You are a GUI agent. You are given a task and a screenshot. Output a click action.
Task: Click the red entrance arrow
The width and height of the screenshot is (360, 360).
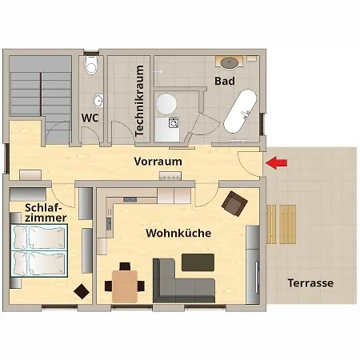coord(277,163)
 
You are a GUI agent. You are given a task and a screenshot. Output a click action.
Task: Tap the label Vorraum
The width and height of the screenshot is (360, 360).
coord(158,162)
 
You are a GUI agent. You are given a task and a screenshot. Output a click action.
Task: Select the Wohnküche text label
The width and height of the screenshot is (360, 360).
coord(178,234)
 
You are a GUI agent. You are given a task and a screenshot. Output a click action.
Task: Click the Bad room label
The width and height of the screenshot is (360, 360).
coord(224,81)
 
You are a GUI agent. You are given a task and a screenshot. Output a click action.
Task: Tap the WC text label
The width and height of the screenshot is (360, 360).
coord(90,118)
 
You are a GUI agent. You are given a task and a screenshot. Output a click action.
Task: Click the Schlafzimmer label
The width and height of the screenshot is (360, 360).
coord(45,212)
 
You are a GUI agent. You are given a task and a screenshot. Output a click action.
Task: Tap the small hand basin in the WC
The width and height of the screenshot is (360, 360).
coord(98,101)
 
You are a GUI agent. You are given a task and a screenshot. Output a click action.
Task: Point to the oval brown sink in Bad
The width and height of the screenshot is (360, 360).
coord(230,62)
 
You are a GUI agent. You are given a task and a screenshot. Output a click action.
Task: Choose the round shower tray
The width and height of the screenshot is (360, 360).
coord(167,103)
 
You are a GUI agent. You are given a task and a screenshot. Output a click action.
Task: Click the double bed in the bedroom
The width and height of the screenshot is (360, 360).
coord(40,250)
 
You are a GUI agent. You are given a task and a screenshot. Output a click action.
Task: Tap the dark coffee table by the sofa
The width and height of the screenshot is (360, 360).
coord(198,262)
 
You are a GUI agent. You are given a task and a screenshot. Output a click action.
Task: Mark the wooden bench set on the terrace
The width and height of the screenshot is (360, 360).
coord(282,224)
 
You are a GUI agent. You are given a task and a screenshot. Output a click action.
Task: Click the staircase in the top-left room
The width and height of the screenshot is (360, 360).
coord(40,93)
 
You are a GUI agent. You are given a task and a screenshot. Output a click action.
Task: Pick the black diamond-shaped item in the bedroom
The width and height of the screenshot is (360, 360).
coord(81,290)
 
